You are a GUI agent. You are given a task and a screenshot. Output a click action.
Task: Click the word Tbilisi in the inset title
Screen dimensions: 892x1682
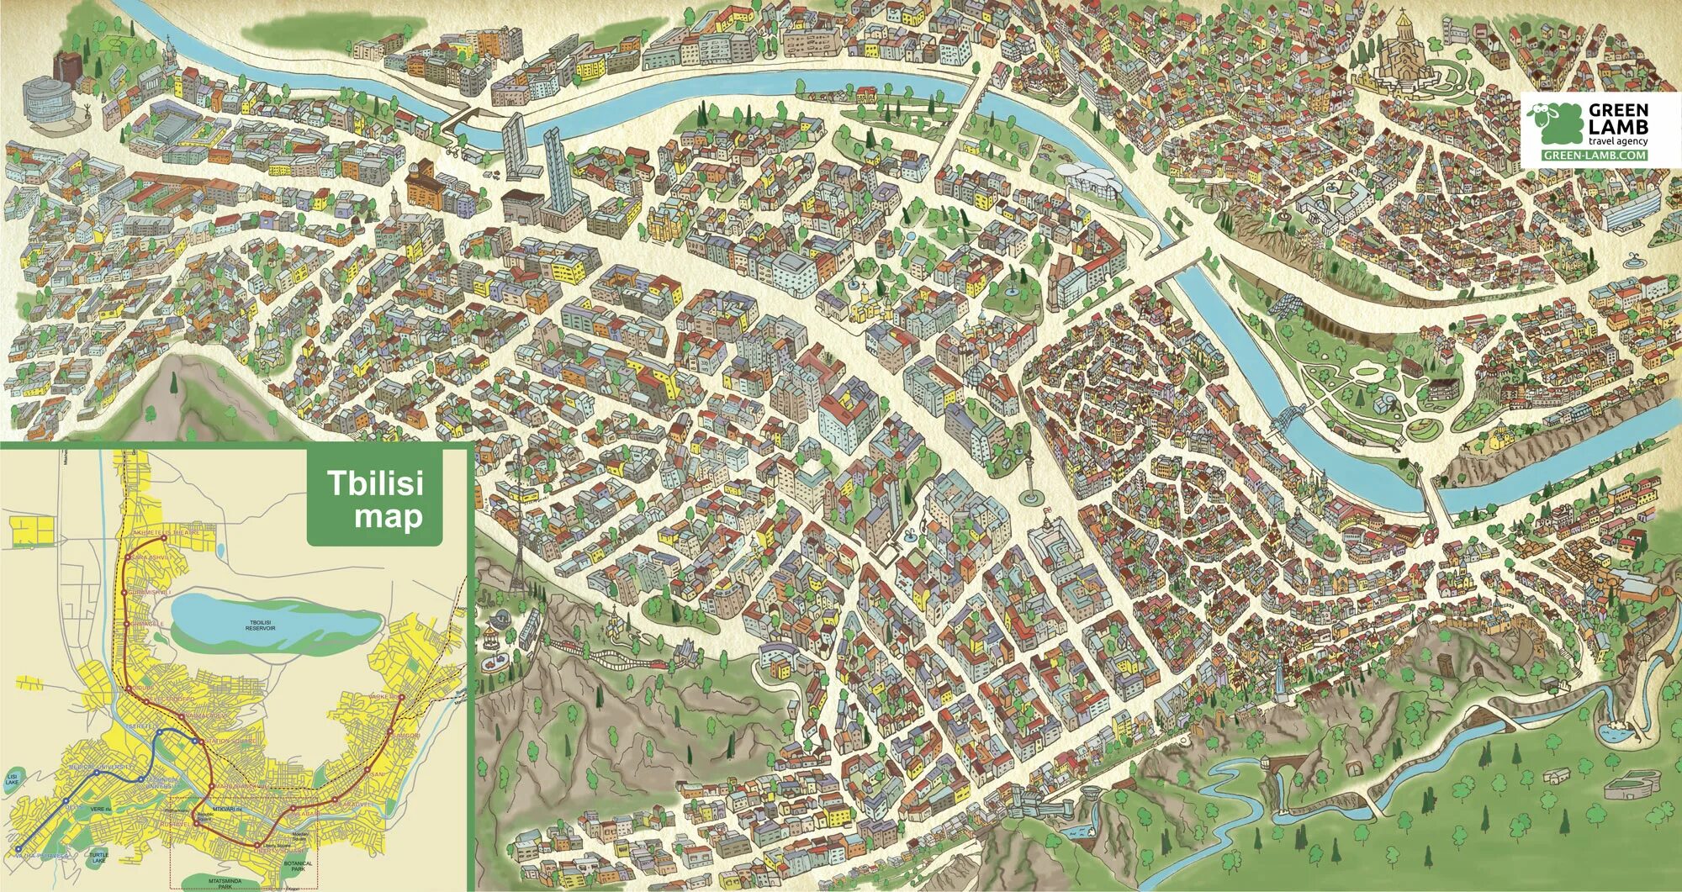point(374,483)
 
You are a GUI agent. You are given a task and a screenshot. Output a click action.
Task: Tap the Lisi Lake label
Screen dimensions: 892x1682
point(12,777)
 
